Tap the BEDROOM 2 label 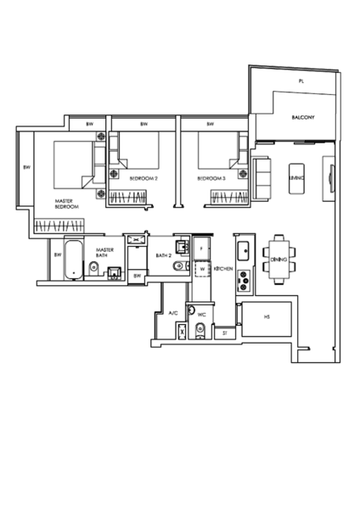[143, 179]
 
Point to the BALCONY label [303, 116]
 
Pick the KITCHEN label [224, 268]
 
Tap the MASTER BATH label [104, 253]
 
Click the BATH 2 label [164, 255]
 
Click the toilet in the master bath [93, 271]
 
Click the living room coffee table [296, 179]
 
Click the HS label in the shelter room [267, 317]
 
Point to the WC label [201, 315]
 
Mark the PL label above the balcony [299, 81]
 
